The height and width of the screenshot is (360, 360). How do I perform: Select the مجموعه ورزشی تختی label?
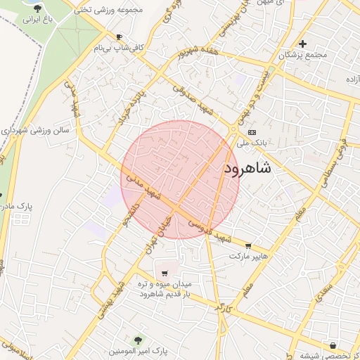click(x=102, y=10)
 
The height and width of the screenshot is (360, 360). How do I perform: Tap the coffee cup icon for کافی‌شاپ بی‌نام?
click(x=119, y=37)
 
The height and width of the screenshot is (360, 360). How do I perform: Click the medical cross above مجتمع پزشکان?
click(x=302, y=44)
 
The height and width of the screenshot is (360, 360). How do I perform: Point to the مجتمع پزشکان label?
click(x=303, y=55)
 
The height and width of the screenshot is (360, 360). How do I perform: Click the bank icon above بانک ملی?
click(x=252, y=132)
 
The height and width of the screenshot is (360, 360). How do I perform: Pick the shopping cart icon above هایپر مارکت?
click(x=248, y=245)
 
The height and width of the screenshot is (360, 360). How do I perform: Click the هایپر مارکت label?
click(x=249, y=257)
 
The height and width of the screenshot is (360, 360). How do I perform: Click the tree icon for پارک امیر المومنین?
click(x=137, y=340)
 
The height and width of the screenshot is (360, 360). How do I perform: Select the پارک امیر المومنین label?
click(x=138, y=350)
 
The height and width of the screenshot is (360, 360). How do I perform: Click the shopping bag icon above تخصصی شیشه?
click(x=333, y=345)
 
